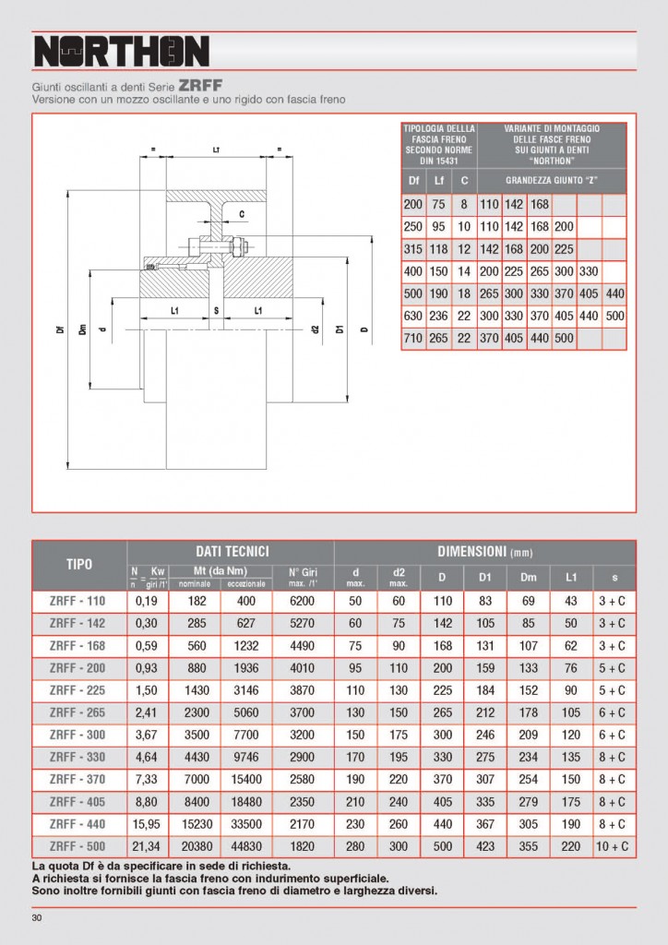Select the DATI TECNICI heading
click(x=231, y=551)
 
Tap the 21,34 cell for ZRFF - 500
click(x=147, y=846)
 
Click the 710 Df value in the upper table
click(x=414, y=339)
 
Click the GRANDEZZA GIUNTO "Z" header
click(x=552, y=180)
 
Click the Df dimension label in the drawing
click(x=60, y=329)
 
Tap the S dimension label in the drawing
click(x=216, y=311)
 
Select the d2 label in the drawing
click(x=315, y=329)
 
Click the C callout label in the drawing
click(x=242, y=214)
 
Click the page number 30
click(x=37, y=917)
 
